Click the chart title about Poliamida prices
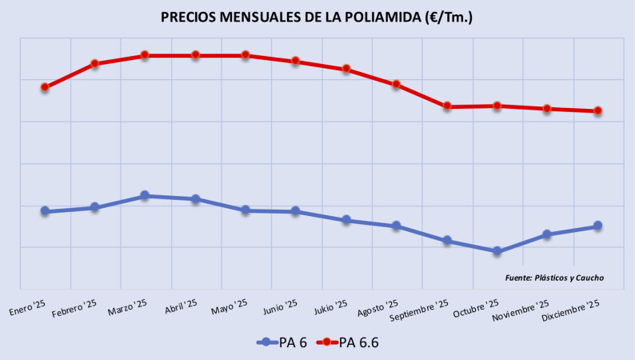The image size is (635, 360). tap(317, 17)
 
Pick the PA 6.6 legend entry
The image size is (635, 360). tap(349, 342)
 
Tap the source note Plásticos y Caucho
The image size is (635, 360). tap(554, 278)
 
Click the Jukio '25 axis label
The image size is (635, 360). tap(329, 307)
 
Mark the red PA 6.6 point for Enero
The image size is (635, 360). tap(45, 87)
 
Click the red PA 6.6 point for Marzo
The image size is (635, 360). tap(145, 55)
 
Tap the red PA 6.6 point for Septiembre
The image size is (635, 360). tap(447, 106)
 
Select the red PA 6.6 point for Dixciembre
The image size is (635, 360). tap(597, 111)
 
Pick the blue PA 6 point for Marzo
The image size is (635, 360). tap(145, 195)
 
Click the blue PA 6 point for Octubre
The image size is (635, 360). tap(497, 251)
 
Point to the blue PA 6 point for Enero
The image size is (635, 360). tap(45, 211)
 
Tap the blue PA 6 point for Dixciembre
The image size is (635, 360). tap(597, 226)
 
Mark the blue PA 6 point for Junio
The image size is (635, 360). tap(296, 211)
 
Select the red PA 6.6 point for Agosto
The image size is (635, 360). tap(396, 84)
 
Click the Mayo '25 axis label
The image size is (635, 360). tap(228, 307)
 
